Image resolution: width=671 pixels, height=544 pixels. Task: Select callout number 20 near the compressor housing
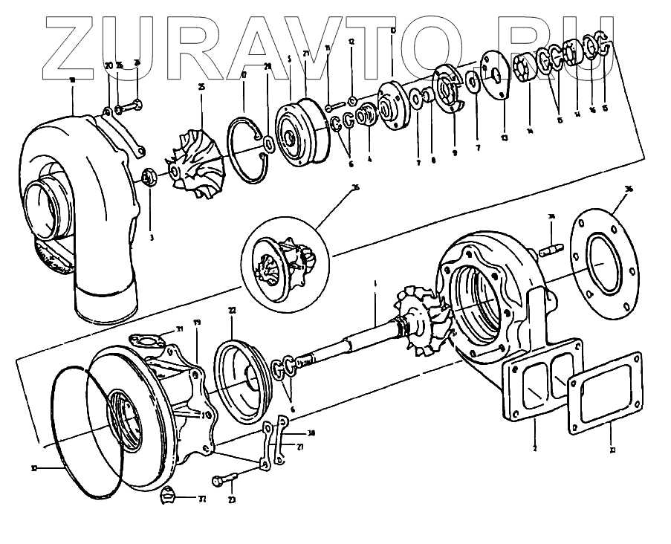point(108,66)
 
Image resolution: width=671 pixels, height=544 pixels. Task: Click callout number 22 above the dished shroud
point(233,310)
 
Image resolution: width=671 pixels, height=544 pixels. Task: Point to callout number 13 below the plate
point(504,137)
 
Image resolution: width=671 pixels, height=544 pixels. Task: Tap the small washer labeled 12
point(351,100)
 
